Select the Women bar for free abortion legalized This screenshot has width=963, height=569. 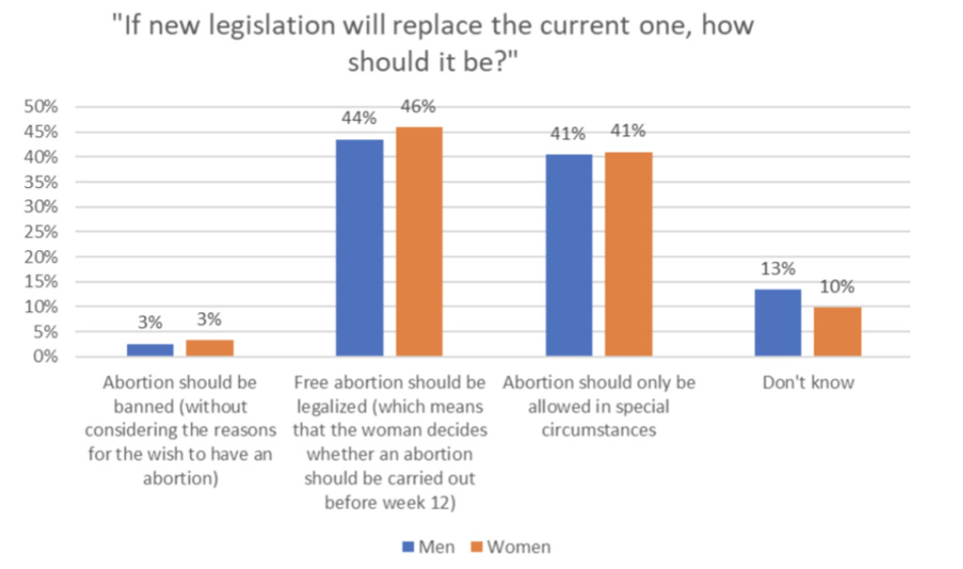418,242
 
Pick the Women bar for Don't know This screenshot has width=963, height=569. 837,332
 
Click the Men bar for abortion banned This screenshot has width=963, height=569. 150,350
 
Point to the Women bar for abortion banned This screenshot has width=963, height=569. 210,348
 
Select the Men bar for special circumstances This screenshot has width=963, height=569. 569,255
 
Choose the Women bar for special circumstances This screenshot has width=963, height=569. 628,254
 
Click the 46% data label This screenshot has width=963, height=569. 418,107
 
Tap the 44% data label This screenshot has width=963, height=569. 359,119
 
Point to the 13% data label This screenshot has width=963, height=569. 778,269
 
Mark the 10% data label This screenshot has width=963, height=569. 836,287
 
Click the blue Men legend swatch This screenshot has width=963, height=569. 406,546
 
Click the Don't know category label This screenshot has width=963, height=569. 808,384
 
